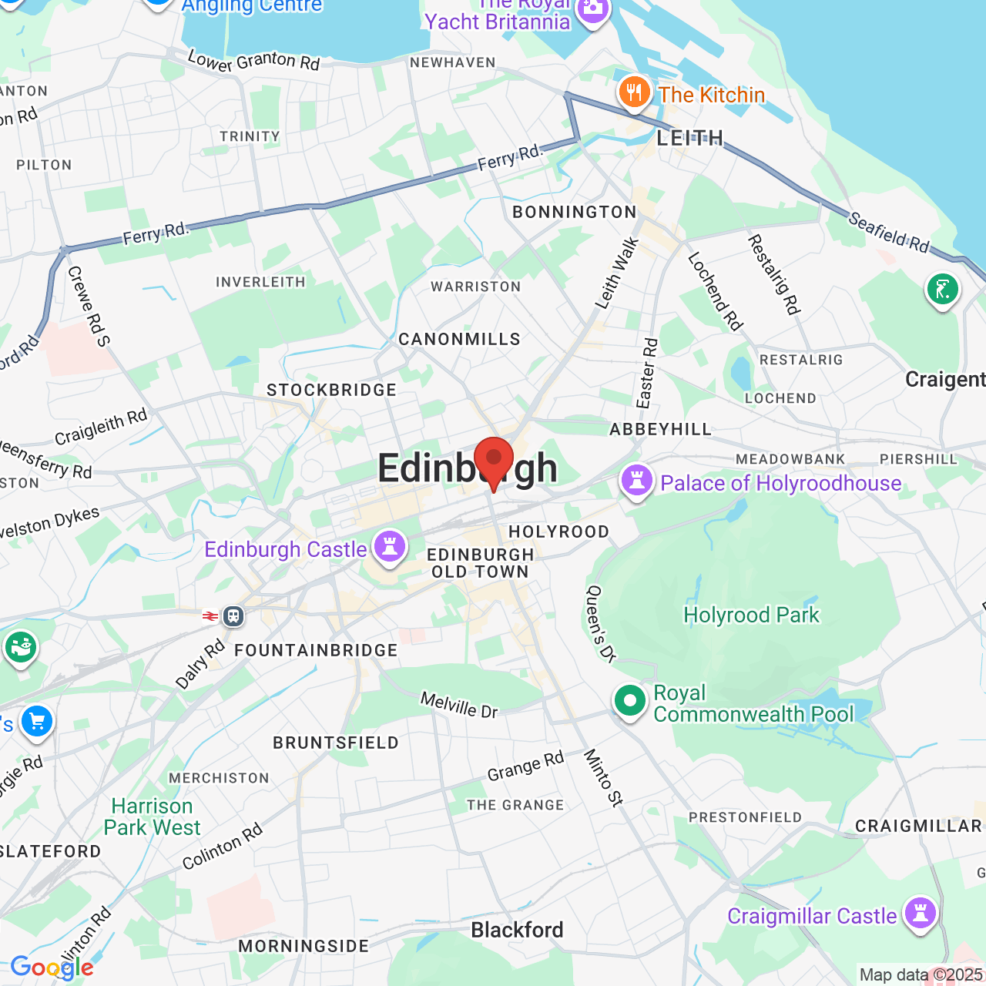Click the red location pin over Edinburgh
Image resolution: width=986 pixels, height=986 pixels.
(x=493, y=459)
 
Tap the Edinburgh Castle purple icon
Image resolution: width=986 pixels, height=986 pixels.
(x=390, y=548)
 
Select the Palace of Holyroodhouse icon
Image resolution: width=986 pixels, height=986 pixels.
(x=637, y=481)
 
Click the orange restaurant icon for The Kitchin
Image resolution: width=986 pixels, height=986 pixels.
(x=634, y=93)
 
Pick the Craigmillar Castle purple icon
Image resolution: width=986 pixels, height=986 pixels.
(x=921, y=914)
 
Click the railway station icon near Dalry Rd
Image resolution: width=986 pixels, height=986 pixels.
(x=233, y=616)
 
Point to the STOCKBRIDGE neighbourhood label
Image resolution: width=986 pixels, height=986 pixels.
(x=331, y=390)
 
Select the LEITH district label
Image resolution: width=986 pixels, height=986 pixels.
(x=690, y=138)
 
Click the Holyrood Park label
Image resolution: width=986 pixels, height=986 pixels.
(x=751, y=615)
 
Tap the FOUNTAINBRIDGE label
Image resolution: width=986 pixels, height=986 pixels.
(x=316, y=650)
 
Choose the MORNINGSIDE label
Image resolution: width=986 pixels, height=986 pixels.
(x=304, y=946)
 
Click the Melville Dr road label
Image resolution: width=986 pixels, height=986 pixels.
(x=459, y=705)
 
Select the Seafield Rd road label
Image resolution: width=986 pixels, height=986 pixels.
(x=889, y=232)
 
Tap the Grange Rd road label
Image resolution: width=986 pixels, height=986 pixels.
(x=525, y=766)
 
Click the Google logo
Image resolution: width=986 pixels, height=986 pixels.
(x=52, y=968)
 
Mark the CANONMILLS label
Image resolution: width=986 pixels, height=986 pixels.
(x=459, y=339)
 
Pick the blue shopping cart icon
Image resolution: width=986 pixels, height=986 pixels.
(x=36, y=723)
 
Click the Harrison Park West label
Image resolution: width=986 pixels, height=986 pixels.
(x=152, y=817)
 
